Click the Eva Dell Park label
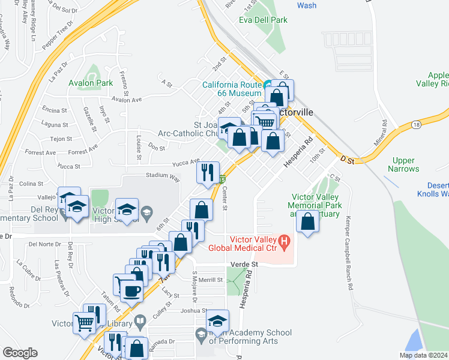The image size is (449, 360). point(263,20)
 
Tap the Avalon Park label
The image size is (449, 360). point(91,83)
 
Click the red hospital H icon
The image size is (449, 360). point(285,242)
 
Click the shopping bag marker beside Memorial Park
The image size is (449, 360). point(308,222)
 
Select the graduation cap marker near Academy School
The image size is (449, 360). point(218,321)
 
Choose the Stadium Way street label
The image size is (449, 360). point(163,178)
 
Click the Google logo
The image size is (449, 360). point(20,353)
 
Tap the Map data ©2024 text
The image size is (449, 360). point(423,355)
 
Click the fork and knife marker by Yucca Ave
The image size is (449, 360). point(208,173)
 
